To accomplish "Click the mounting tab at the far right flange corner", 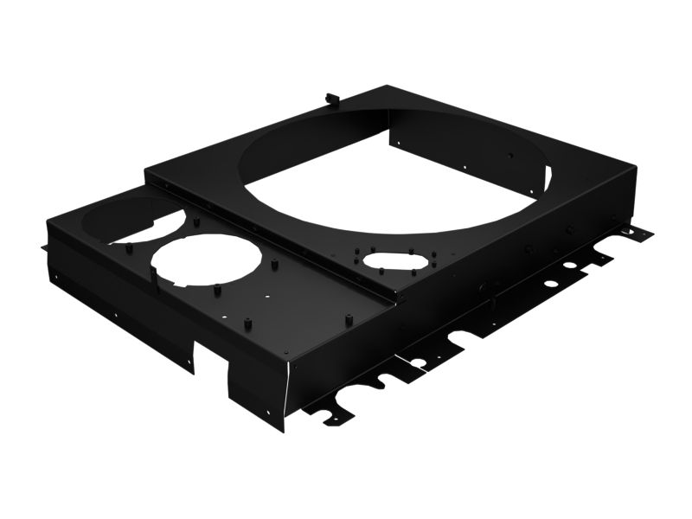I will (640, 234).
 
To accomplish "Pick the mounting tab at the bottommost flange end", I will (334, 418).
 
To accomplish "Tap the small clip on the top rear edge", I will (330, 97).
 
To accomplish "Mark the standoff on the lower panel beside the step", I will (349, 317).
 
